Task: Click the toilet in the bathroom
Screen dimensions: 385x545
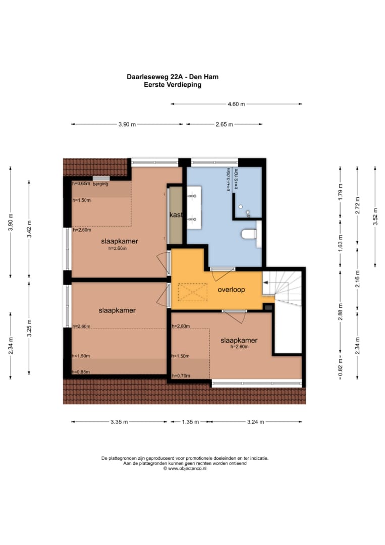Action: [249, 234]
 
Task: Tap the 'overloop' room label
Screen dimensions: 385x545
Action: [232, 290]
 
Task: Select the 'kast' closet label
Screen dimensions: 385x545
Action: [176, 215]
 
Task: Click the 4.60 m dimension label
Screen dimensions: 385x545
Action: [236, 104]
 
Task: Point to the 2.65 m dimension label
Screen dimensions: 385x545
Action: [224, 124]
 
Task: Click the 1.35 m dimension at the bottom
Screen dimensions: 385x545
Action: [190, 422]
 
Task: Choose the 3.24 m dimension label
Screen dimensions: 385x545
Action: [255, 422]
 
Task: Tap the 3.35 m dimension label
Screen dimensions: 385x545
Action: [119, 422]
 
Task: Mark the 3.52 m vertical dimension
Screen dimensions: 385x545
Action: [375, 216]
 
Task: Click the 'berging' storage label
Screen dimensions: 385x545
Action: [100, 184]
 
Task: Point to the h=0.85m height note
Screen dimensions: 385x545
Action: [81, 372]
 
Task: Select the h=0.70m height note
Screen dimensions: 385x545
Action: [181, 376]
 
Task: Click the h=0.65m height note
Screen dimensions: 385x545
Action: [81, 184]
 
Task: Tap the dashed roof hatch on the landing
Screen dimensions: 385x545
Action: [193, 292]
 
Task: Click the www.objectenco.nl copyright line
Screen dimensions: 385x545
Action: [185, 468]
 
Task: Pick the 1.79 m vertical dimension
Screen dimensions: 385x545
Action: [341, 192]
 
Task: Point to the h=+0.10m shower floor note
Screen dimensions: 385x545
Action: [236, 179]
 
